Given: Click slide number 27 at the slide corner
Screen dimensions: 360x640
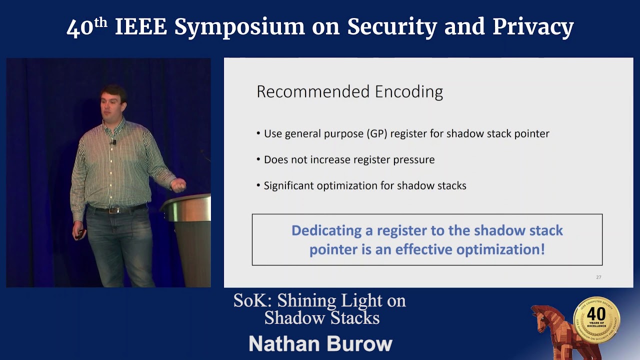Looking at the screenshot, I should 598,277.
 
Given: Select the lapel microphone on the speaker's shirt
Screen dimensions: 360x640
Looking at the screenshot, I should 114,142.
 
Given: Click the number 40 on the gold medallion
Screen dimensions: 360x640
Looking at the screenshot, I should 596,314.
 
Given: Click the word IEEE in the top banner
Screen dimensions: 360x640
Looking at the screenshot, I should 140,27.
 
